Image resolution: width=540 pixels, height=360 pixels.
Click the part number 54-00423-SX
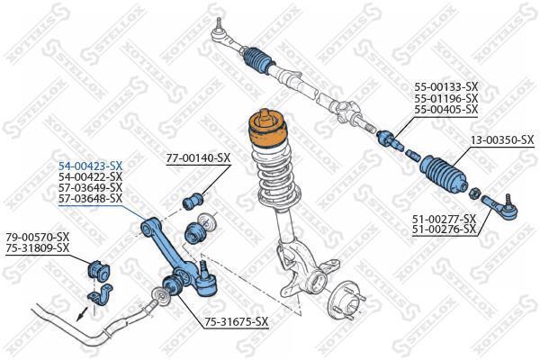90,166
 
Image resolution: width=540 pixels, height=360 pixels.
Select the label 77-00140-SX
198,158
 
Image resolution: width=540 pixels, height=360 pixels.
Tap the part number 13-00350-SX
502,139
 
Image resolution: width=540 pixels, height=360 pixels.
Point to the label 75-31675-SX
236,322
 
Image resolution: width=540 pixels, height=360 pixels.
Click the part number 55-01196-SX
446,98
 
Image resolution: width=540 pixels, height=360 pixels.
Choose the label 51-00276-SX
445,229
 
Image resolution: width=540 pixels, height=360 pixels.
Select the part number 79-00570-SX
38,237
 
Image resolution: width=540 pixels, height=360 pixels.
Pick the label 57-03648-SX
90,198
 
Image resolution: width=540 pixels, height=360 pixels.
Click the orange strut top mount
267,130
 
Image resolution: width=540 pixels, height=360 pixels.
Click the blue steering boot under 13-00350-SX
443,175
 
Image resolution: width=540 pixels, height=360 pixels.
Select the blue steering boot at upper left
260,60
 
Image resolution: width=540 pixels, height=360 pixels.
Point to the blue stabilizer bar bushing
98,270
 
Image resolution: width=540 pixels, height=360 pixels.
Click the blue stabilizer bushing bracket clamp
100,294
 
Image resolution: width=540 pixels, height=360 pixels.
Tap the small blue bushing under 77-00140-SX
193,201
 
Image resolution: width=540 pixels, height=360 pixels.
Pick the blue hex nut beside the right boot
473,193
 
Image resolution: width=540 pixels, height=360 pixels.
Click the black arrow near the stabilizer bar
82,312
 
